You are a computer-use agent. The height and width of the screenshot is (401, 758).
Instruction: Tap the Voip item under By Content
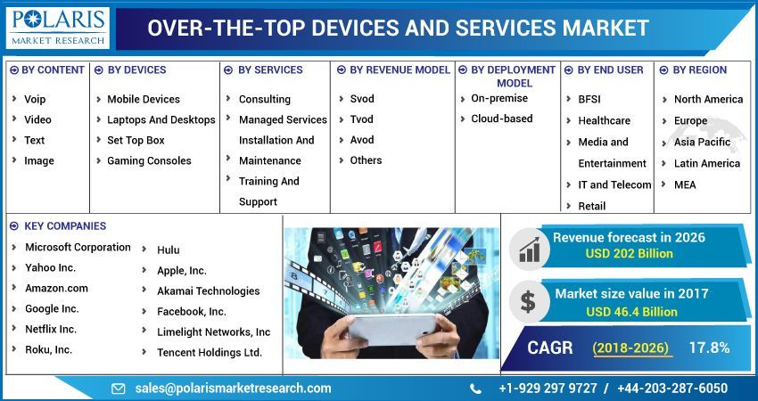35,99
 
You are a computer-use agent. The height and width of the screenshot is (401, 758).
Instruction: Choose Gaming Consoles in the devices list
149,160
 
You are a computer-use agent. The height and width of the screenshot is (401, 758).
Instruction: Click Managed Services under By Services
283,119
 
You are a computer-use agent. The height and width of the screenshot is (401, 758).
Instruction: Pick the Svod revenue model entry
362,99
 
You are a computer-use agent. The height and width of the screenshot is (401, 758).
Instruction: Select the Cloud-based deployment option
502,119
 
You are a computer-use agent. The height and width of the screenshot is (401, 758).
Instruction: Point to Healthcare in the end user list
604,120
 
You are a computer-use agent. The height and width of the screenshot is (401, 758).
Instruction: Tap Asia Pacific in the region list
702,142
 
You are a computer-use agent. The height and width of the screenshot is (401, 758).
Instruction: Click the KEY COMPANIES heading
65,226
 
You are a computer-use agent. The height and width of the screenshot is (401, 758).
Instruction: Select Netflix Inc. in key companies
51,329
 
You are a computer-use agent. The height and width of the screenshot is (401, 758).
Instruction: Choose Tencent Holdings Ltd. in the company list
210,352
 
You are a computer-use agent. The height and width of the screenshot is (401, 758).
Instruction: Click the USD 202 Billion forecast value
629,253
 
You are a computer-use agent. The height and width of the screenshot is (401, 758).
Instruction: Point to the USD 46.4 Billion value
631,312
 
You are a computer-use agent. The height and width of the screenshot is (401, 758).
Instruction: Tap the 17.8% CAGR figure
709,348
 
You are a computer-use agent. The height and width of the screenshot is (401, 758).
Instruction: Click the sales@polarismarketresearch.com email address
233,389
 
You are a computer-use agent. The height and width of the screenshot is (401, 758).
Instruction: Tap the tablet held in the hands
391,327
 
